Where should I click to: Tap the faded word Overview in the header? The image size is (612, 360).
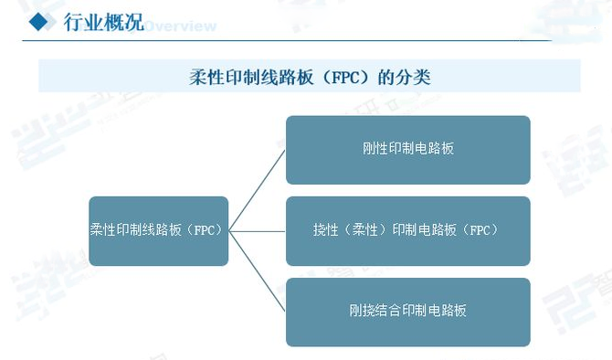(x=181, y=25)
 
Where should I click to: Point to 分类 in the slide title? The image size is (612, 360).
(x=413, y=77)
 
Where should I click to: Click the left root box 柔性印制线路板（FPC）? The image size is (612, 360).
(x=158, y=230)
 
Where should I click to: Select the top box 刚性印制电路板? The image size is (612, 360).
(x=407, y=149)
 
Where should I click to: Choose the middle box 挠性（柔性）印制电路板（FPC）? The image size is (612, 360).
(x=407, y=230)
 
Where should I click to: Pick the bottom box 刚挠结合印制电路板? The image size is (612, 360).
(x=407, y=312)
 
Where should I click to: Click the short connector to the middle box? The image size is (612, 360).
(x=258, y=230)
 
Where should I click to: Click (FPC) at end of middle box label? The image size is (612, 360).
(x=480, y=230)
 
